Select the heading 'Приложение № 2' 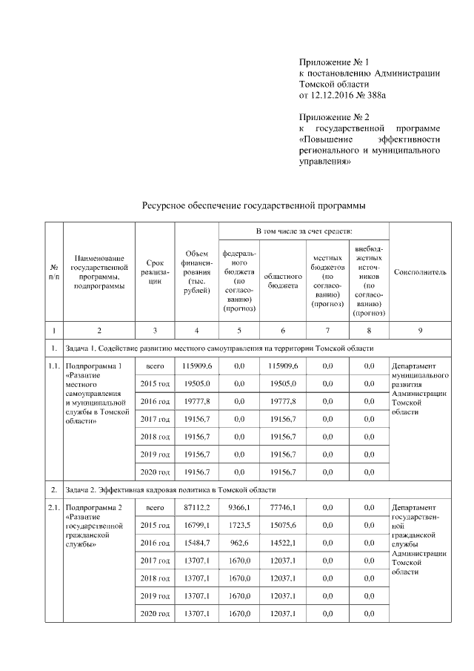[x=334, y=117]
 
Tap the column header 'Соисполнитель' [x=419, y=272]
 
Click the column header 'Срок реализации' [x=155, y=272]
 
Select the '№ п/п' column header [x=54, y=272]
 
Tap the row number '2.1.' [x=54, y=507]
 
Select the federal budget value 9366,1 [x=238, y=507]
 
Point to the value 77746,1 [x=283, y=507]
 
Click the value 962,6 [x=238, y=543]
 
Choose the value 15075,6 [x=283, y=525]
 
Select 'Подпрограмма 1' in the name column [x=94, y=366]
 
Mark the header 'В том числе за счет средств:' [x=304, y=233]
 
